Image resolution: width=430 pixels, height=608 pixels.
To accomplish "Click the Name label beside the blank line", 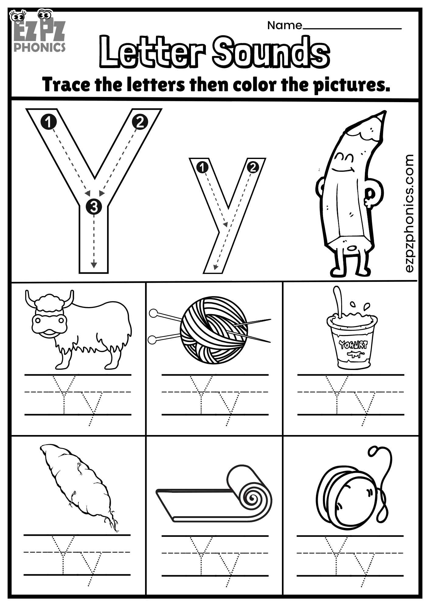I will pos(284,26).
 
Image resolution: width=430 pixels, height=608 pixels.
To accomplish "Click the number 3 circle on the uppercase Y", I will pos(94,207).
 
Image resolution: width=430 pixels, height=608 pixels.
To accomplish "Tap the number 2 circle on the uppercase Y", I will pos(140,122).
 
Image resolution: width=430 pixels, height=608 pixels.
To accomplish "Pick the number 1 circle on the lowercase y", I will pos(202,167).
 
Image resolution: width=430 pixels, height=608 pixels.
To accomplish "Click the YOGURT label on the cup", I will pos(353,345).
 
